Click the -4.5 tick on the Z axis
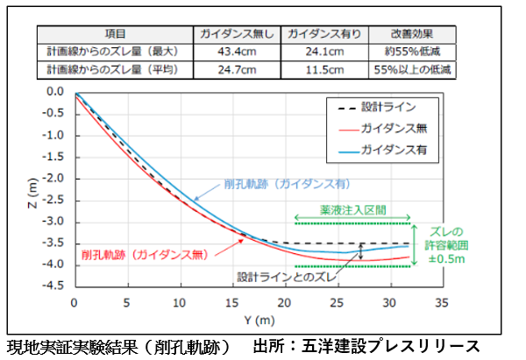[x=55, y=286]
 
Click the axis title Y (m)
[x=259, y=319]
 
